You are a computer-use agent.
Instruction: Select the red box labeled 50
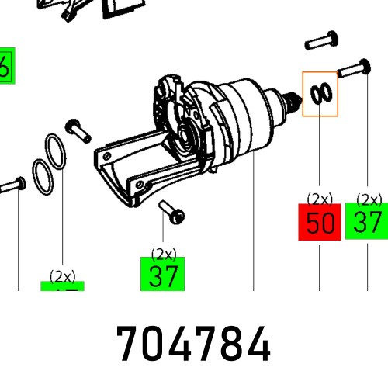319,223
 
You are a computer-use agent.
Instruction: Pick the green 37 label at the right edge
366,222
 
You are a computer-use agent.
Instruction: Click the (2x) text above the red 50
319,199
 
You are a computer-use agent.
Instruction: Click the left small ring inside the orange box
315,93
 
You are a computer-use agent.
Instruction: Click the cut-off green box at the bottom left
62,287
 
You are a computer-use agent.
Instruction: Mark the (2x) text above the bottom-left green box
62,275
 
